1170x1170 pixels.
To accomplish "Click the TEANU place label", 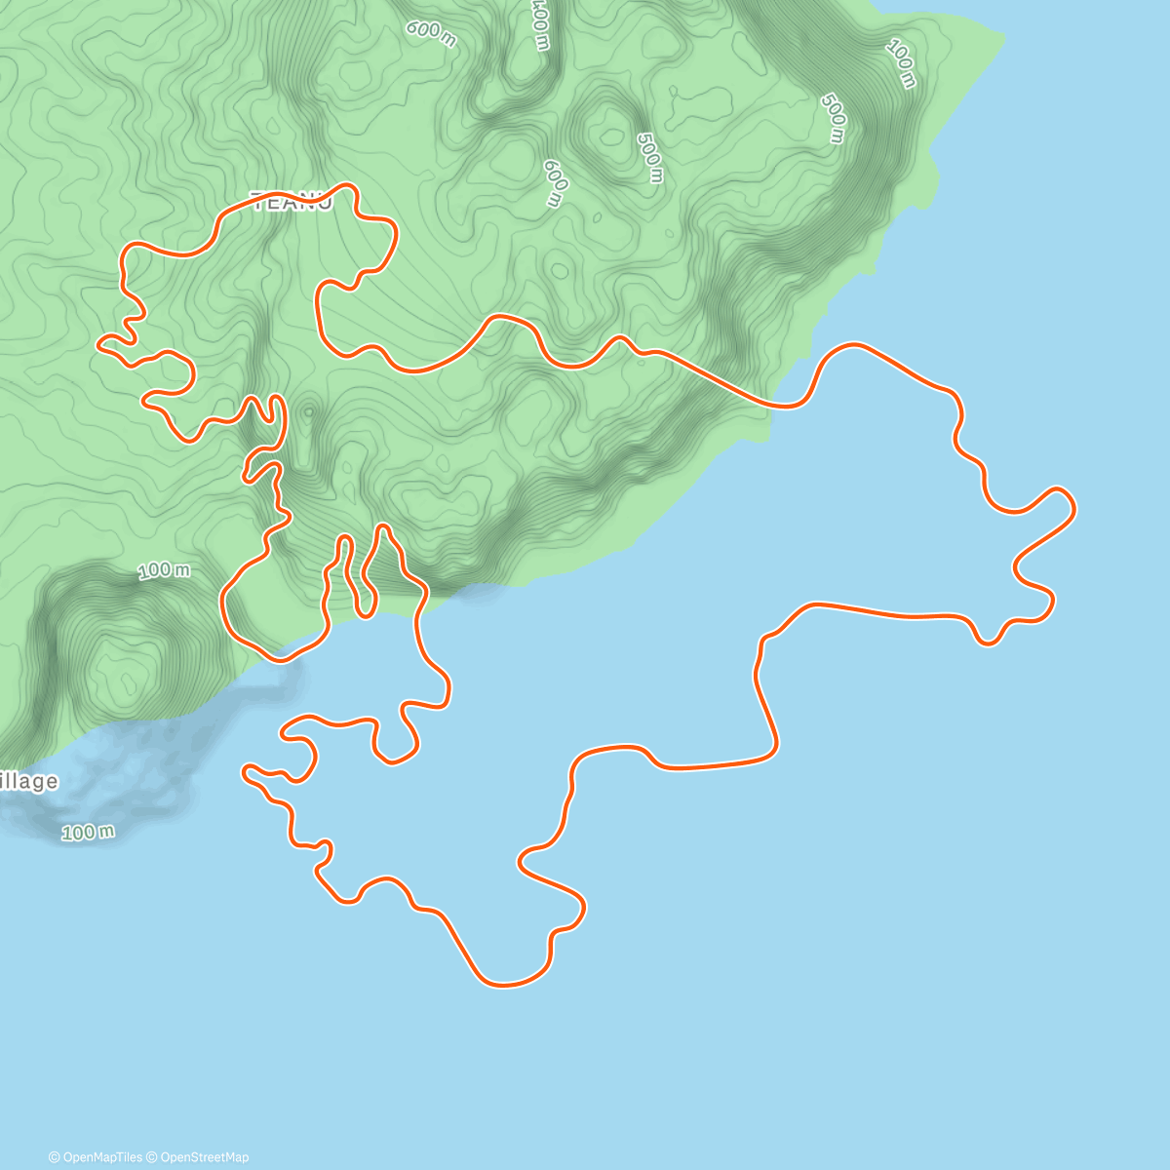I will click(292, 203).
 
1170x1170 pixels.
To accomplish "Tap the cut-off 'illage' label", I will click(29, 781).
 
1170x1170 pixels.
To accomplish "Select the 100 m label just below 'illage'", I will click(88, 832).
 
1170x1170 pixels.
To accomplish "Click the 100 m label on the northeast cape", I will click(902, 64).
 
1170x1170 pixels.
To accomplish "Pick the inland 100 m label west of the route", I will click(164, 570).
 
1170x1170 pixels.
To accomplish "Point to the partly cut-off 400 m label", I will click(539, 24).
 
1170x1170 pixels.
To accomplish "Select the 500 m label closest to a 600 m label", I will click(649, 157).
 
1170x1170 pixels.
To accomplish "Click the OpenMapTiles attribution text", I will click(96, 1157).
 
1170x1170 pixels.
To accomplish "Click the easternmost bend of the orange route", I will click(1073, 507).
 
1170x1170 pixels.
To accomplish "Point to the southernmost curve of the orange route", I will click(505, 984).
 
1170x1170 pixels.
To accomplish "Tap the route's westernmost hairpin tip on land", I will click(100, 342).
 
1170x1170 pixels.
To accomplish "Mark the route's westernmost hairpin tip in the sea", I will click(245, 772).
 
